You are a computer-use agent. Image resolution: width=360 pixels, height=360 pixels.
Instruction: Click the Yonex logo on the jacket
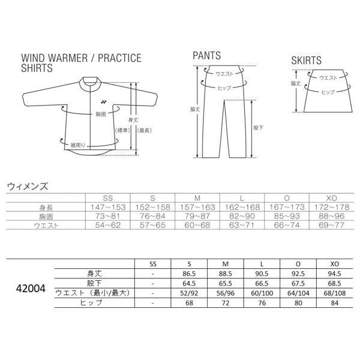(104, 102)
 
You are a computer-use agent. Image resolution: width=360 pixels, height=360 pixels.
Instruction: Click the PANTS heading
(206, 56)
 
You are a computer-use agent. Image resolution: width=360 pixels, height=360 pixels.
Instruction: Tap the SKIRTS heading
(306, 61)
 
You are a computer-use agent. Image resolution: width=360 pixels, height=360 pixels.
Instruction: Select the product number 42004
(31, 289)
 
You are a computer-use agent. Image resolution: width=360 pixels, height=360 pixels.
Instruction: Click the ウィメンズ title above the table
(28, 186)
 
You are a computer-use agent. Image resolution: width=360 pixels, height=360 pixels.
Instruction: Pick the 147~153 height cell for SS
(108, 208)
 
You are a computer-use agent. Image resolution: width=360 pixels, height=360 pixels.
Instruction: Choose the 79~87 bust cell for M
(197, 216)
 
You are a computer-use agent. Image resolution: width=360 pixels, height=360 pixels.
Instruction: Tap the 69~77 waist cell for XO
(332, 225)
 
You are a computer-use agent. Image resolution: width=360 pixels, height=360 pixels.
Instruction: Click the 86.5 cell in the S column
(189, 274)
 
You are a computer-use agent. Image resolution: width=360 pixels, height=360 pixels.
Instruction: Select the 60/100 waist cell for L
(262, 293)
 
